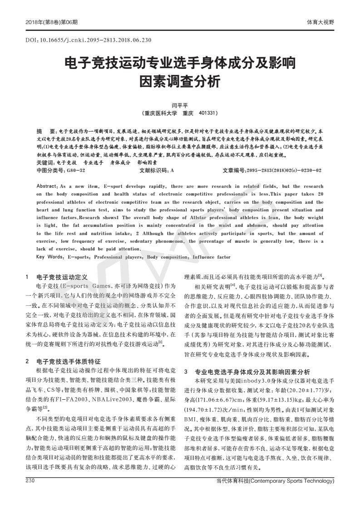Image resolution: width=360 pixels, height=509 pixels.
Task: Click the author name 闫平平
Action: (180, 105)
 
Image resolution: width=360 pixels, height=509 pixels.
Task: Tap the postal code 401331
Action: (207, 113)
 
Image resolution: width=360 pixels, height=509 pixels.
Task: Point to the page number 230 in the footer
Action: (30, 491)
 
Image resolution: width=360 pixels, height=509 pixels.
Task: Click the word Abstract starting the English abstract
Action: (47, 186)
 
